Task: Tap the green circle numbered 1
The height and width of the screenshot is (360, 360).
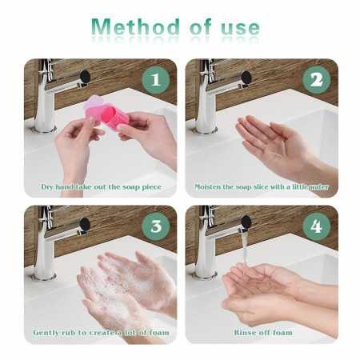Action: [x=155, y=80]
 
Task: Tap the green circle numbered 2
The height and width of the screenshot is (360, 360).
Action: [x=316, y=80]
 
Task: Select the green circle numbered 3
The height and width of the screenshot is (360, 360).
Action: [x=155, y=226]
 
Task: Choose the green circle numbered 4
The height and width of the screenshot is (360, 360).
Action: [x=316, y=226]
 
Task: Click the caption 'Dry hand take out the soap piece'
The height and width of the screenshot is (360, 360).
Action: [x=101, y=186]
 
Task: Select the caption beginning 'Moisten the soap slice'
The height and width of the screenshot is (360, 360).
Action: [x=261, y=186]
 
